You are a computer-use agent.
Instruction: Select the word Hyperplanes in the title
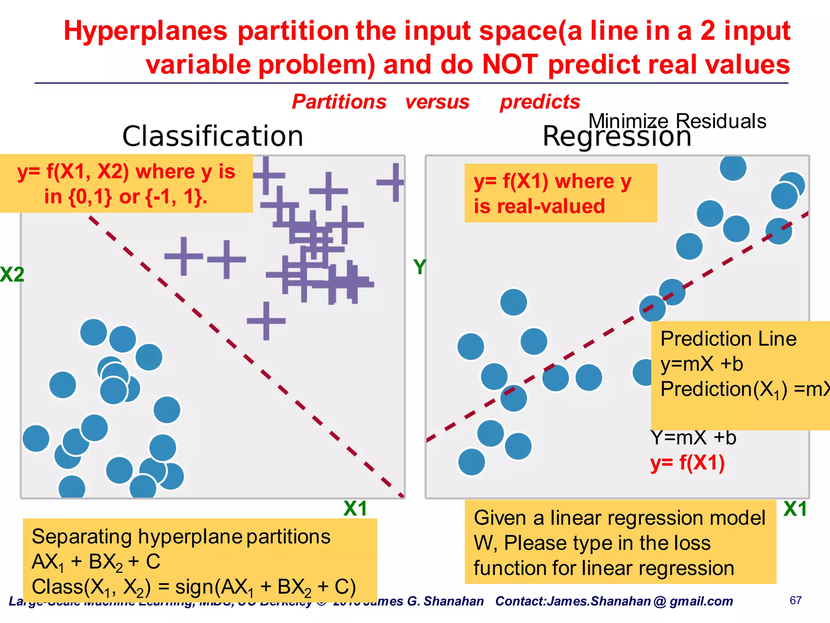click(x=145, y=31)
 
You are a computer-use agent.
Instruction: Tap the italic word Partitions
click(x=339, y=101)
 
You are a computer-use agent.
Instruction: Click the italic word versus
click(x=437, y=101)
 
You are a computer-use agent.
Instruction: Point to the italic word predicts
click(x=539, y=101)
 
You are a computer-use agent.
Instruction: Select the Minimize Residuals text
click(x=677, y=121)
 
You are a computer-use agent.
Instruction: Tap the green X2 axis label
click(x=12, y=275)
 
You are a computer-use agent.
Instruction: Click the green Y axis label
click(x=420, y=267)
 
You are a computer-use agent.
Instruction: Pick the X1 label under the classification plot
click(x=355, y=508)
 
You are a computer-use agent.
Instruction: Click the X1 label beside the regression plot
click(x=795, y=509)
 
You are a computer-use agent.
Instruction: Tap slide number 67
click(x=796, y=600)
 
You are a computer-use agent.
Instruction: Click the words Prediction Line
click(x=728, y=339)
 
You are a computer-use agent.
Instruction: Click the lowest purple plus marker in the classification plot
click(x=266, y=321)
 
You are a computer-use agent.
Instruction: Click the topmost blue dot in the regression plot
click(x=733, y=167)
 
